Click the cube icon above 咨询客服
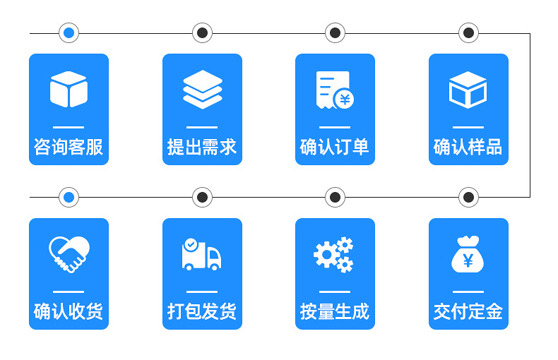point(69,90)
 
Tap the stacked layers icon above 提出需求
point(202,90)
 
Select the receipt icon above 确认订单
point(335,90)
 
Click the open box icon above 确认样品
point(468,90)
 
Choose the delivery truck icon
point(201,254)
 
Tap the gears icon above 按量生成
point(334,255)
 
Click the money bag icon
point(468,254)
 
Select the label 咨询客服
point(69,147)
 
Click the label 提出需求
point(202,147)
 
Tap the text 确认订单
point(335,147)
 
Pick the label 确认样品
point(468,147)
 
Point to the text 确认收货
point(69,311)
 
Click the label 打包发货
point(202,311)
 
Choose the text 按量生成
point(335,311)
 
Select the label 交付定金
point(468,311)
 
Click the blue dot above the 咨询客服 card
point(69,32)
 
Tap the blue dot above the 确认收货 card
point(69,197)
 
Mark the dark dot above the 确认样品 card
point(468,32)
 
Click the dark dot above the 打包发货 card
point(202,197)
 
